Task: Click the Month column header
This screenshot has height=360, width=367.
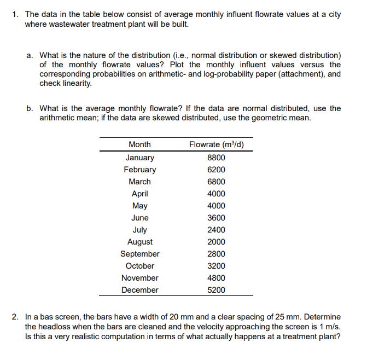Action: click(x=139, y=144)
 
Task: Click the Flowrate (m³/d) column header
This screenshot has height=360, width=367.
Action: click(x=216, y=144)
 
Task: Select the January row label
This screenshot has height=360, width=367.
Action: click(x=139, y=158)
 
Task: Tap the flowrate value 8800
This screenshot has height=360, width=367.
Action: click(x=216, y=158)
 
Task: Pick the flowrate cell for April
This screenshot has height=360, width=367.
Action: click(x=216, y=194)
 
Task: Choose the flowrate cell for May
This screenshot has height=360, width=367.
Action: click(x=216, y=206)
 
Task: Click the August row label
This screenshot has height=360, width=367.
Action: click(x=139, y=242)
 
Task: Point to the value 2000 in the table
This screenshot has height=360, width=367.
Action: click(x=216, y=242)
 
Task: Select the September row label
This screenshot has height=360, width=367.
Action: click(x=139, y=254)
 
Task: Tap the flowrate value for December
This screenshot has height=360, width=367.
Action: click(x=216, y=290)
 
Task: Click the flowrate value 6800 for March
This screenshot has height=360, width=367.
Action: click(x=216, y=182)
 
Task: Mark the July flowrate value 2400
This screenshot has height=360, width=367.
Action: click(x=216, y=230)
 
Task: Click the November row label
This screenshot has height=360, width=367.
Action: click(x=139, y=278)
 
